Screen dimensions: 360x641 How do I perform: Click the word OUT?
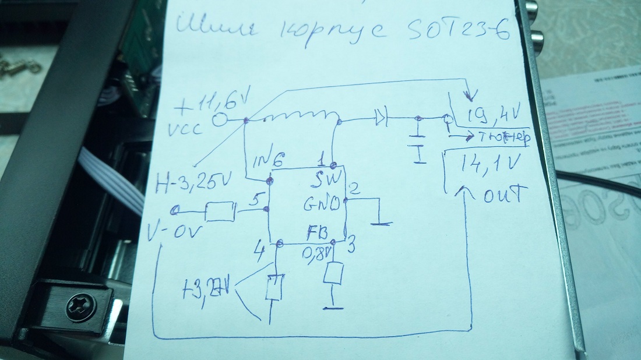click(505, 195)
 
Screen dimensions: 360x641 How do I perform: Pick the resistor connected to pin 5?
click(221, 211)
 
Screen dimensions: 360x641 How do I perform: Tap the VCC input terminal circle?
click(220, 121)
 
